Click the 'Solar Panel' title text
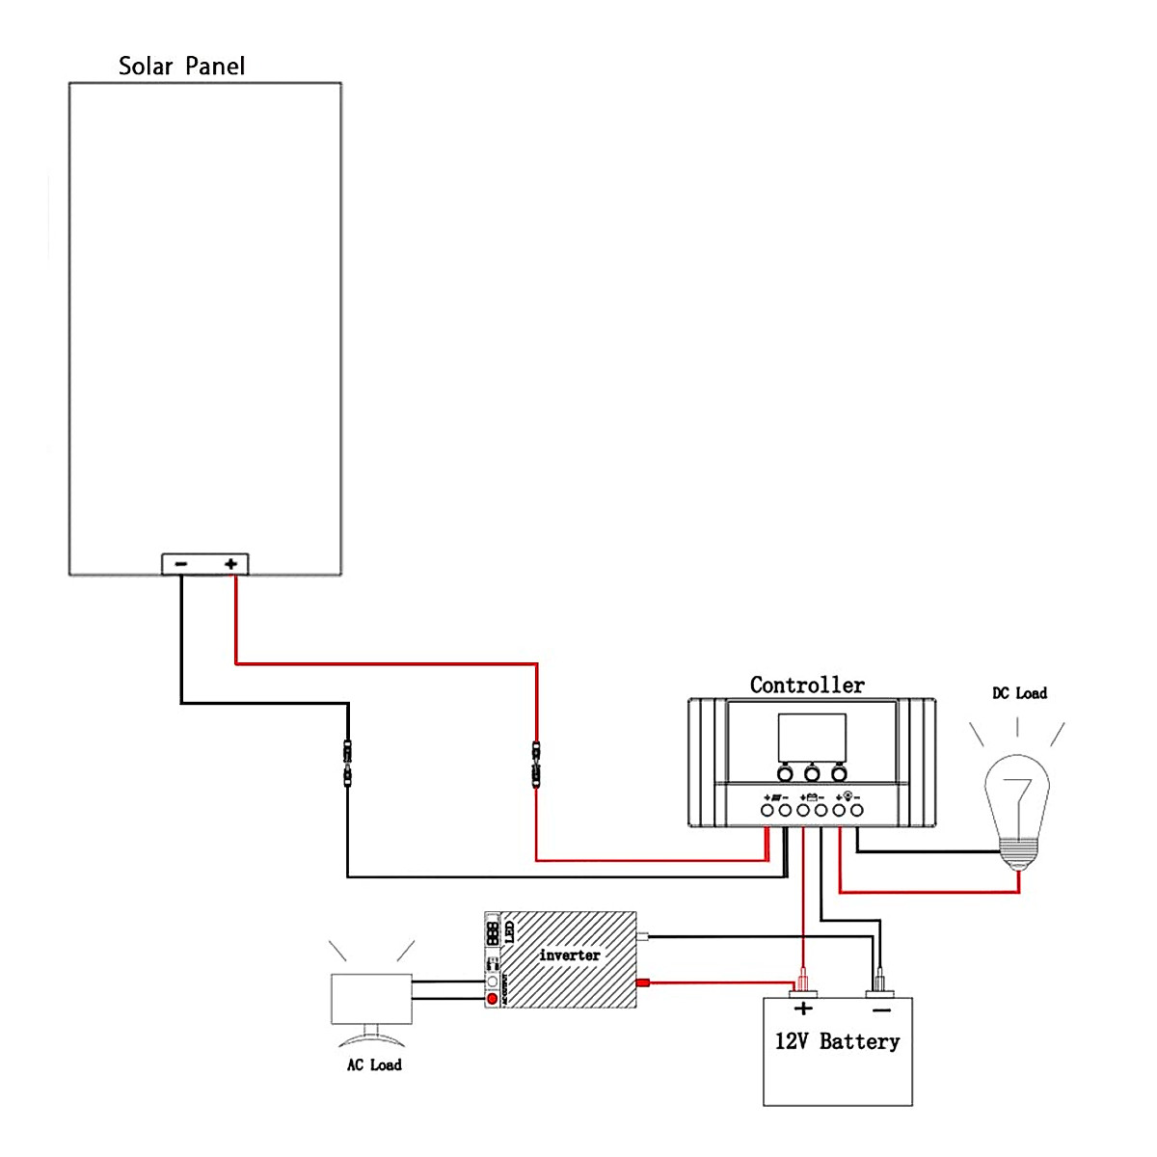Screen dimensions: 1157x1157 (x=181, y=66)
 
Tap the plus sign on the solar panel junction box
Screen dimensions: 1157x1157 (x=230, y=564)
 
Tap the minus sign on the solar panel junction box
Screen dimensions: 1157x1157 (x=181, y=564)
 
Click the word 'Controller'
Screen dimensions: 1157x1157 (x=807, y=686)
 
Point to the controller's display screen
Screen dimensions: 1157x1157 (x=812, y=738)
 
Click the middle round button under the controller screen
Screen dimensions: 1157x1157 (x=812, y=773)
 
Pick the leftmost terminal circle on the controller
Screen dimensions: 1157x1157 (x=767, y=812)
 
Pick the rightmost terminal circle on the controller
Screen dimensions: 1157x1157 (x=856, y=812)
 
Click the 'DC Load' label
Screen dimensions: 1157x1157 (x=1019, y=693)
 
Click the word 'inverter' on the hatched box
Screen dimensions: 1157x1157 (x=569, y=955)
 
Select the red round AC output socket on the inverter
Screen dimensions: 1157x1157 (x=493, y=998)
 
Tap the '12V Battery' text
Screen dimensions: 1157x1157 (x=837, y=1041)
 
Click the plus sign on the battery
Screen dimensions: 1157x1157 (x=803, y=1009)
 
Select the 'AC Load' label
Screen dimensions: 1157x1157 (x=374, y=1064)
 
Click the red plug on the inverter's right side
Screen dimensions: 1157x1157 (x=646, y=983)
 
